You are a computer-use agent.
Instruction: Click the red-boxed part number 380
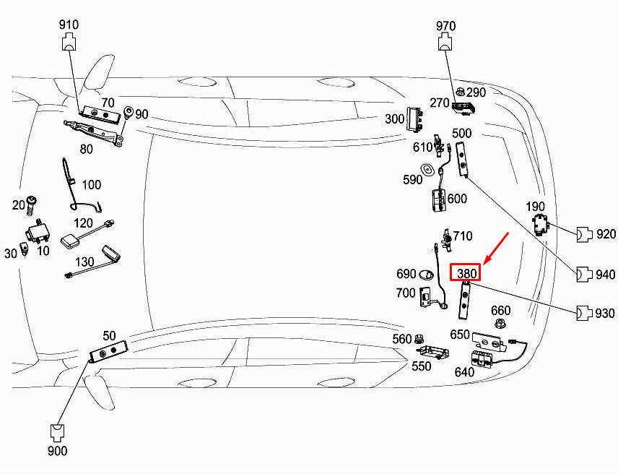click(466, 273)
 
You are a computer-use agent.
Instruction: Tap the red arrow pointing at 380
click(496, 248)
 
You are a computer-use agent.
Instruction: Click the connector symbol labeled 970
click(445, 42)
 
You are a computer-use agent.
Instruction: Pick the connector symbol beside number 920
click(585, 234)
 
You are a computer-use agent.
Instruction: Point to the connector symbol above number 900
click(58, 433)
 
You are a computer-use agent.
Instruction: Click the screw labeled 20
click(31, 205)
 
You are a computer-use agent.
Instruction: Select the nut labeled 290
click(460, 92)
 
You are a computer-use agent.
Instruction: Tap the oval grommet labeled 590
click(427, 170)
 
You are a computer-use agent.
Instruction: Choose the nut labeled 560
click(419, 338)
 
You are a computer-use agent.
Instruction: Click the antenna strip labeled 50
click(108, 351)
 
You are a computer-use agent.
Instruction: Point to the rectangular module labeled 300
click(415, 118)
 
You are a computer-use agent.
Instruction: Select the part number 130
click(84, 262)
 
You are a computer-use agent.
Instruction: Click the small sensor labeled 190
click(541, 224)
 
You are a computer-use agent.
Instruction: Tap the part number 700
click(406, 293)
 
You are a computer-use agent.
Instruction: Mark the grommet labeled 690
click(426, 274)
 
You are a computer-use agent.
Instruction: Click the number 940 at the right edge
click(606, 274)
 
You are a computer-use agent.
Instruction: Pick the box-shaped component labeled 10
click(38, 232)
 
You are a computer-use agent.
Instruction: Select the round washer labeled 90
click(129, 112)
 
